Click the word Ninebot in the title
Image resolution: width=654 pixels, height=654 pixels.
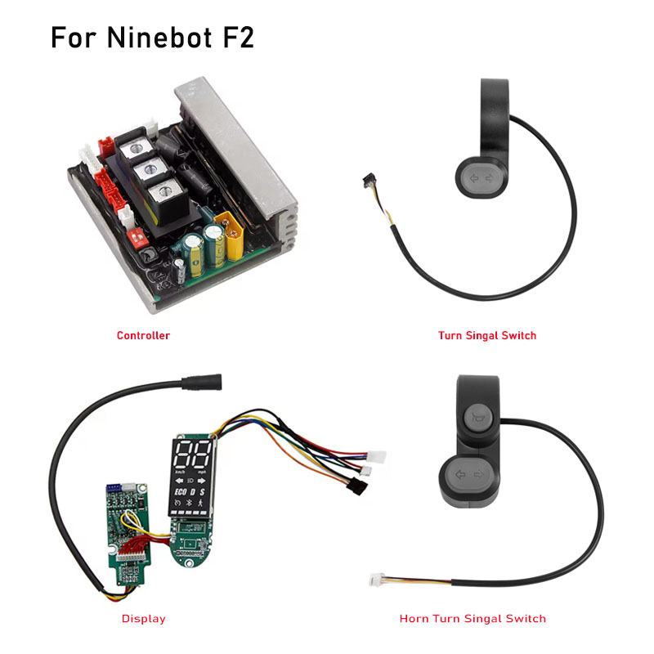tap(159, 38)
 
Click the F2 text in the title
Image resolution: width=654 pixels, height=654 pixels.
tap(238, 38)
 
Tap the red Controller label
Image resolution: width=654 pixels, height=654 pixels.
tap(143, 336)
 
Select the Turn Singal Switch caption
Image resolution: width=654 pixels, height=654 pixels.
tap(486, 336)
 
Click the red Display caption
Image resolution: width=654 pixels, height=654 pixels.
tap(144, 619)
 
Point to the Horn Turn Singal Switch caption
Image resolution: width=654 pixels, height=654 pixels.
tap(473, 619)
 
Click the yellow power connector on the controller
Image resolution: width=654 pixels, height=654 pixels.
tap(230, 235)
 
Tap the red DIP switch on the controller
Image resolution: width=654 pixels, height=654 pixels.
tap(137, 238)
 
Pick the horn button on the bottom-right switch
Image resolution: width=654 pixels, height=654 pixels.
tap(477, 418)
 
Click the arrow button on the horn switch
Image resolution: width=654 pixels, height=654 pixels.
tap(468, 475)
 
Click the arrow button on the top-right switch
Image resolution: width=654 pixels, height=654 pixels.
tap(482, 178)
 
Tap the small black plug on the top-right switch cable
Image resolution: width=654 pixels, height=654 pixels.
tap(370, 181)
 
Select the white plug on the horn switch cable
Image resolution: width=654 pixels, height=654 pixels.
tap(376, 580)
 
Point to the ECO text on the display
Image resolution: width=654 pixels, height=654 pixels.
tap(180, 492)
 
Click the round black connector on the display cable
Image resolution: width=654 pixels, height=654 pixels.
tap(202, 382)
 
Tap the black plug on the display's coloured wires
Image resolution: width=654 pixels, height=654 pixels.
tap(357, 486)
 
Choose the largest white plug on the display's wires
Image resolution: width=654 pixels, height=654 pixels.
tap(376, 457)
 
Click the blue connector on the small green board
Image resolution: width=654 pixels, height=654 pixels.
tap(114, 487)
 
